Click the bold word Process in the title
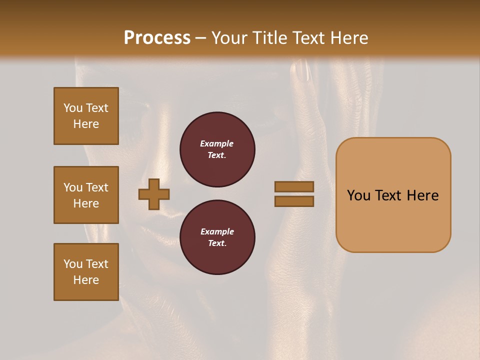(x=157, y=38)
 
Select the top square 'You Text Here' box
(x=86, y=116)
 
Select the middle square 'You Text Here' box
(x=86, y=195)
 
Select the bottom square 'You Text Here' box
(x=86, y=272)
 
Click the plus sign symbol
(x=154, y=194)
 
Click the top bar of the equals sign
(x=294, y=187)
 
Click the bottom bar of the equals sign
(x=294, y=201)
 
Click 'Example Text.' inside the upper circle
(x=217, y=149)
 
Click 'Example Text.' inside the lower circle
(x=217, y=237)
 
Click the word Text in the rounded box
(x=393, y=195)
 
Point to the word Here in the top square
(x=86, y=124)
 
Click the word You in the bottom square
(x=73, y=264)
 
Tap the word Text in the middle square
(x=96, y=187)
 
